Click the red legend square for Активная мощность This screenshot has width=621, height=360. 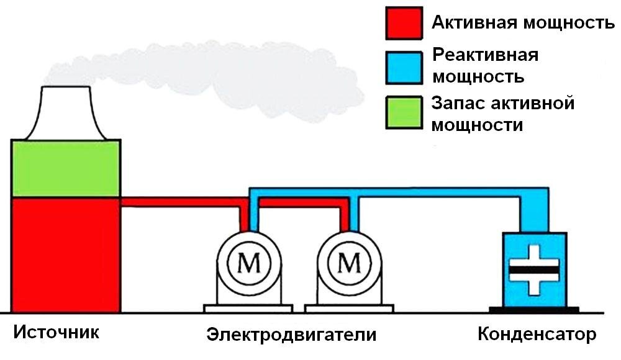pyautogui.click(x=404, y=25)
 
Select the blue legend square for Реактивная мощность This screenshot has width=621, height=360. pyautogui.click(x=404, y=66)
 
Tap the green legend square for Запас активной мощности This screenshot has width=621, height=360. pyautogui.click(x=404, y=112)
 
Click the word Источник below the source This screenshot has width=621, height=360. pyautogui.click(x=56, y=332)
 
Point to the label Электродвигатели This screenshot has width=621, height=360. pyautogui.click(x=291, y=335)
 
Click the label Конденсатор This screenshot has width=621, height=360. pyautogui.click(x=537, y=335)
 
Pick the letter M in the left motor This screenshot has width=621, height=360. pyautogui.click(x=250, y=265)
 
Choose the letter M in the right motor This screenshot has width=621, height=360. pyautogui.click(x=350, y=265)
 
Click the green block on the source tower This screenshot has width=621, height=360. pyautogui.click(x=66, y=169)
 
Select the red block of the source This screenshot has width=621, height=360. pyautogui.click(x=66, y=254)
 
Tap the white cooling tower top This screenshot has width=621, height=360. pyautogui.click(x=66, y=115)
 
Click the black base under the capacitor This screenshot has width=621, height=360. pyautogui.click(x=534, y=308)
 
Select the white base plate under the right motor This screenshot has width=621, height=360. pyautogui.click(x=349, y=308)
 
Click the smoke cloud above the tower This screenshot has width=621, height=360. pyautogui.click(x=205, y=68)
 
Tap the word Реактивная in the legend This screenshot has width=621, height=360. pyautogui.click(x=485, y=55)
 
